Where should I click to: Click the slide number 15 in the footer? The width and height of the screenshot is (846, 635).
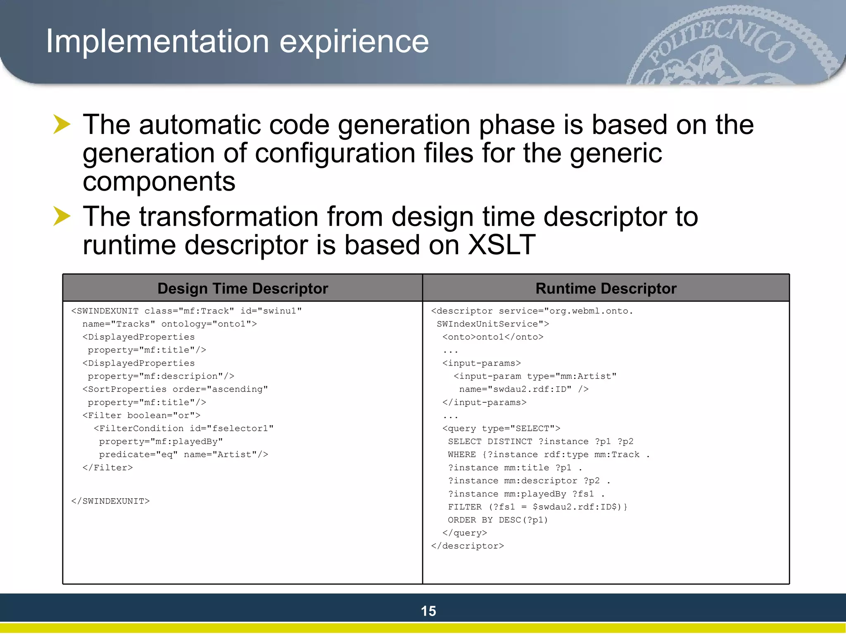coord(428,611)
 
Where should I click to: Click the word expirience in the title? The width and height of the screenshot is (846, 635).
coord(354,42)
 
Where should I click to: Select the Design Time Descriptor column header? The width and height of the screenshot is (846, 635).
coord(242,288)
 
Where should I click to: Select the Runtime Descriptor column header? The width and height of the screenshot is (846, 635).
coord(606,288)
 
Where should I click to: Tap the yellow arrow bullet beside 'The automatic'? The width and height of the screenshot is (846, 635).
coord(62,124)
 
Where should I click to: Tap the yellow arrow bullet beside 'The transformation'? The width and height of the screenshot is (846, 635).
coord(62,216)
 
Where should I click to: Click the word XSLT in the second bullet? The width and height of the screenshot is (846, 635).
coord(501,245)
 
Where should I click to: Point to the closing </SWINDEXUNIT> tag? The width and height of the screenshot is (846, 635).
coord(110,501)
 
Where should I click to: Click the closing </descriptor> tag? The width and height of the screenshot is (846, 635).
coord(467,546)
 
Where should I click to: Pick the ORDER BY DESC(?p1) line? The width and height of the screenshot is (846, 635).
coord(498,520)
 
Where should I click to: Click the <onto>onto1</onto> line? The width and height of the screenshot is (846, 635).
coord(492,337)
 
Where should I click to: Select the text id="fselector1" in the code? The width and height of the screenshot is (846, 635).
coord(231,428)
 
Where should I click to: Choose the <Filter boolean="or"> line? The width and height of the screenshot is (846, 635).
coord(141,415)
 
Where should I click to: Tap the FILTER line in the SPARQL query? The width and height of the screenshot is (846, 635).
coord(537,507)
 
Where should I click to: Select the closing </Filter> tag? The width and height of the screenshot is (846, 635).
coord(107,468)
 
